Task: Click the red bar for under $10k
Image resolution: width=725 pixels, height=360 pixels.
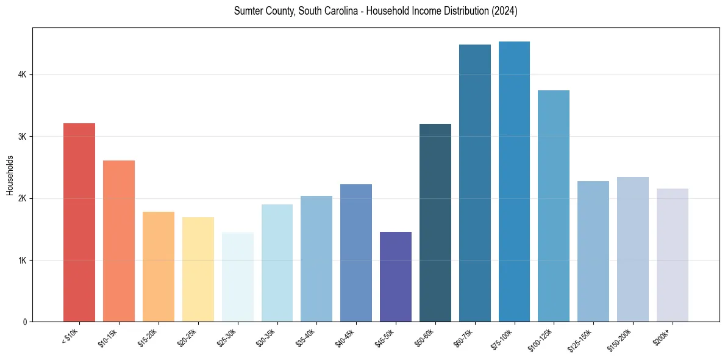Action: [79, 222]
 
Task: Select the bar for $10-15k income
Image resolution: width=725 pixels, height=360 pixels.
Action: [119, 241]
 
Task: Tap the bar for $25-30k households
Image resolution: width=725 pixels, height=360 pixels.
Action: [237, 277]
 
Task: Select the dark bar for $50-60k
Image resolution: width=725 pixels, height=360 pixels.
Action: [435, 223]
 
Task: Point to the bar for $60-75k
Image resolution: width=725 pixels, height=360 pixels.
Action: [474, 183]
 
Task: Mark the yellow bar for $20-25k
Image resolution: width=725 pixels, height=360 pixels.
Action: [198, 269]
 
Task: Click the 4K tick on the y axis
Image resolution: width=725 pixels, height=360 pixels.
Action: [22, 74]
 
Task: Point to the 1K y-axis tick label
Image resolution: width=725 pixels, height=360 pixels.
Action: [22, 260]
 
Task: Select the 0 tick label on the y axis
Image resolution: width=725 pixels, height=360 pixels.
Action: [24, 322]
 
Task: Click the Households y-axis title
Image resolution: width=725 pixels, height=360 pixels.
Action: [10, 175]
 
